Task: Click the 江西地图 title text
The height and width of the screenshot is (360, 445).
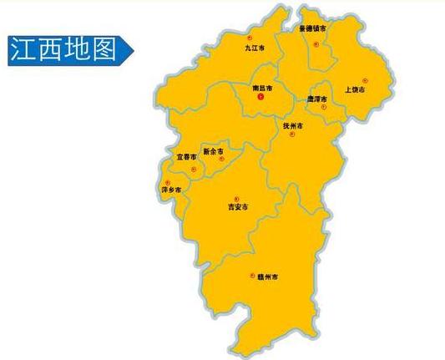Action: (x=63, y=50)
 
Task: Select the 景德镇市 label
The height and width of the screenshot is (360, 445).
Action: (x=313, y=28)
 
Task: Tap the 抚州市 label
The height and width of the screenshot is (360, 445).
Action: (x=293, y=126)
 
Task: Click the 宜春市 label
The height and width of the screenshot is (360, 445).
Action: (x=186, y=156)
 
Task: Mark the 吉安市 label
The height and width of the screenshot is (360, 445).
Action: (x=239, y=206)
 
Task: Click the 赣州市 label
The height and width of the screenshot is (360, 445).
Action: (x=266, y=275)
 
